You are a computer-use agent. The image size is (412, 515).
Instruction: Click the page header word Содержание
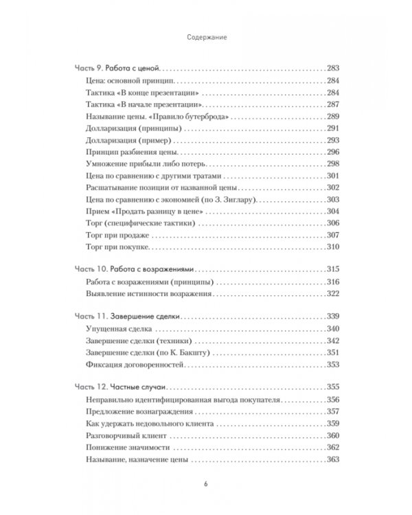click(x=206, y=39)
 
